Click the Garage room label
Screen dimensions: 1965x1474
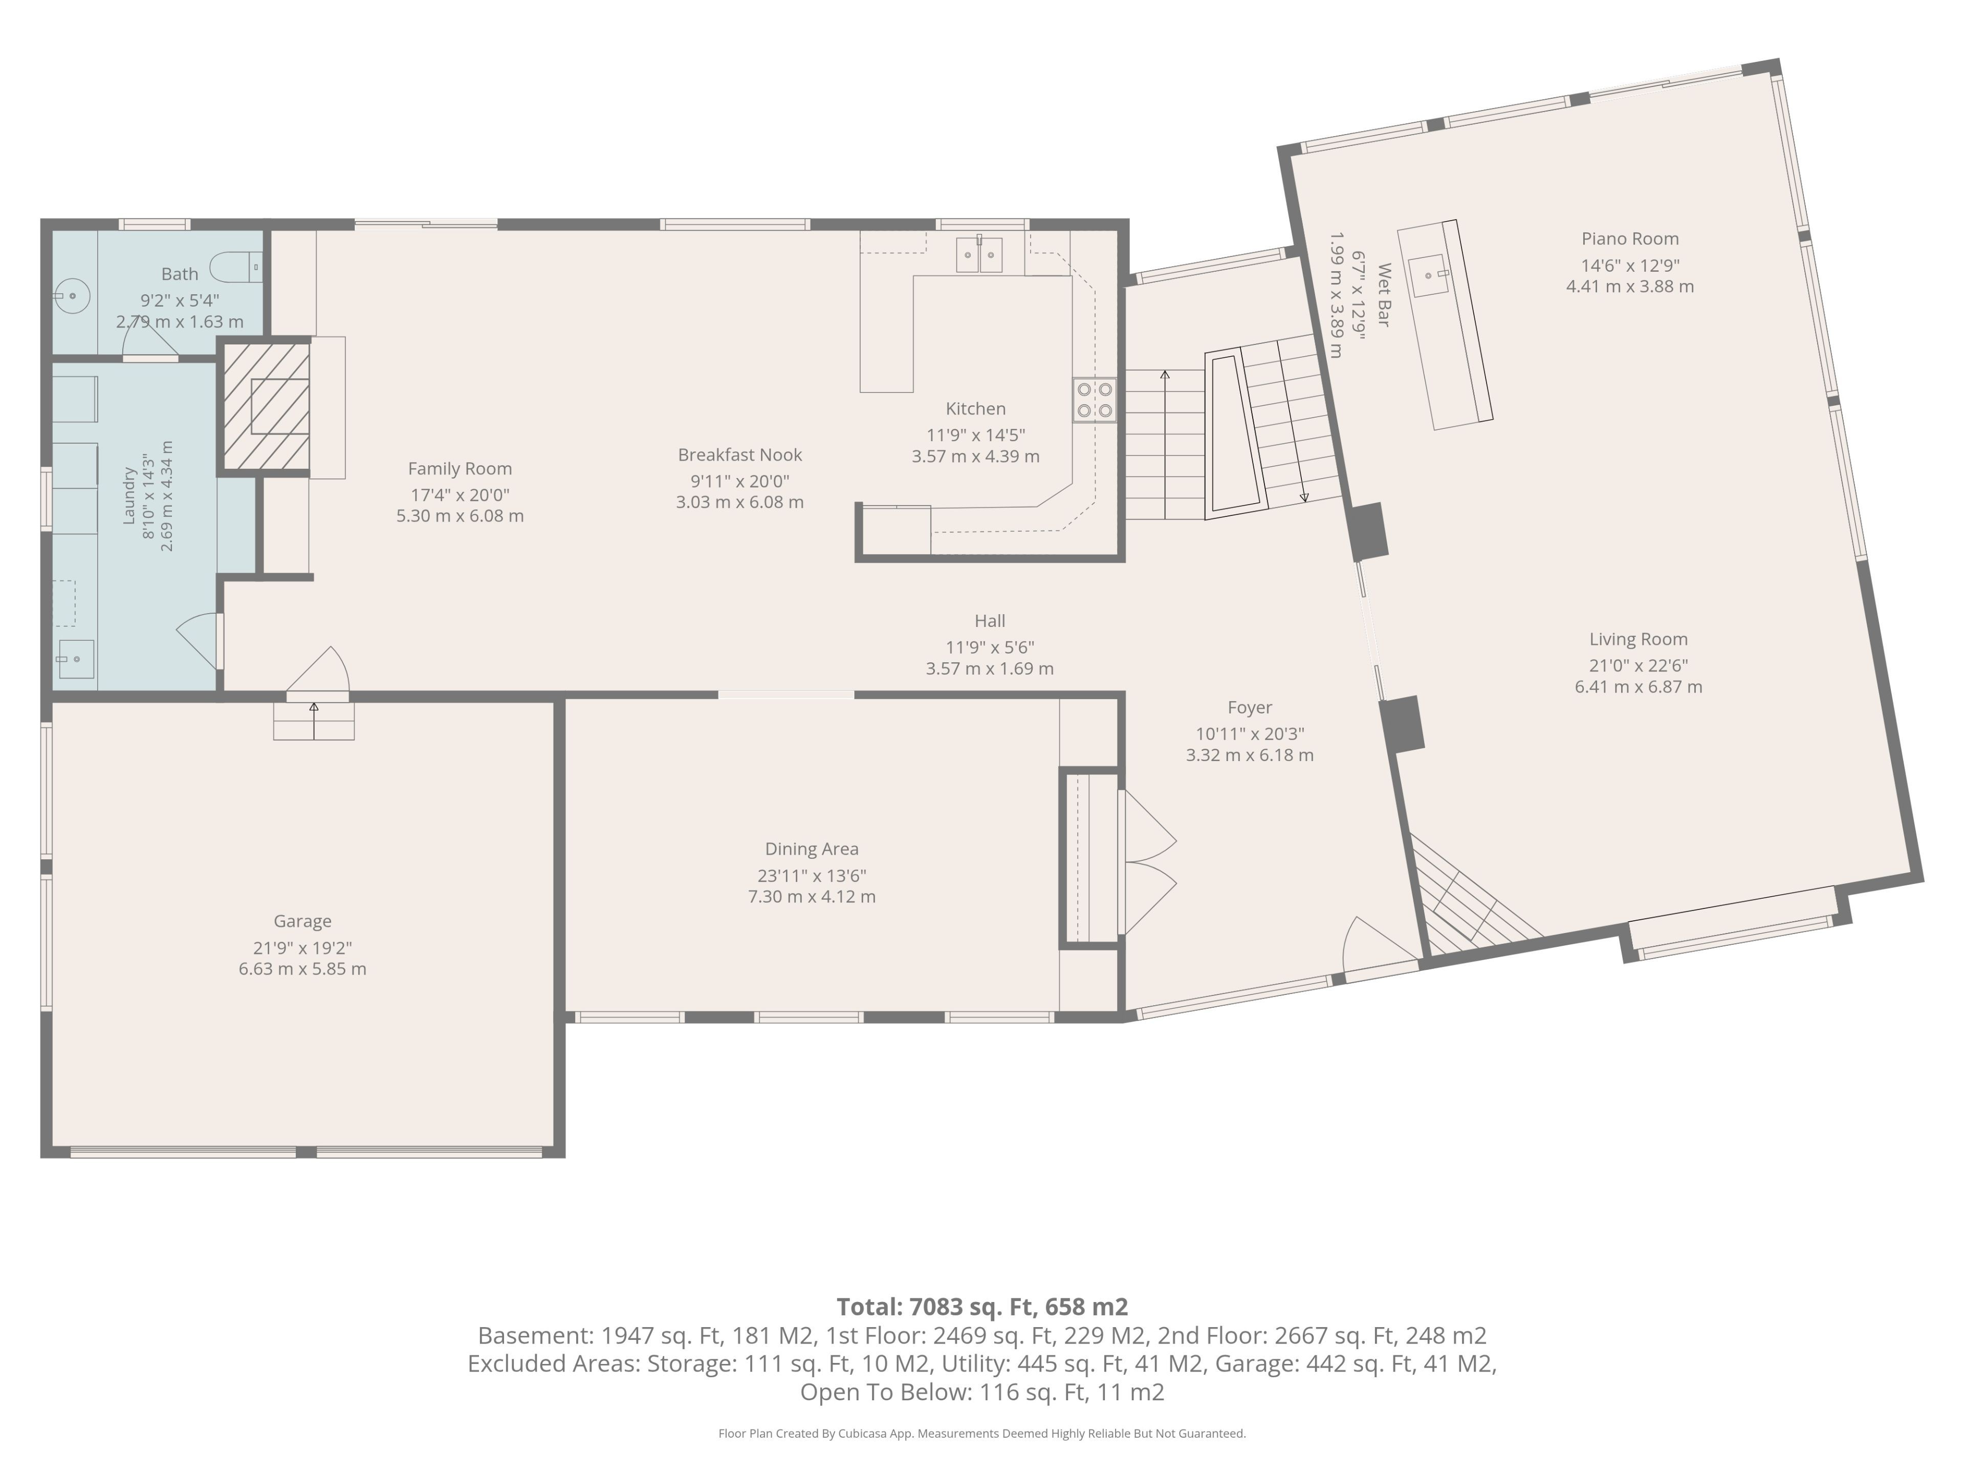(302, 921)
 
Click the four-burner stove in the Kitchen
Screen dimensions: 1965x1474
(1095, 400)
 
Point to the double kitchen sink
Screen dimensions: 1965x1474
(979, 254)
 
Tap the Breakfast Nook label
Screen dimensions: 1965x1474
(740, 455)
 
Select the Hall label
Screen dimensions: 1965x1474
(990, 621)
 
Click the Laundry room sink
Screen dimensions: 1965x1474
(76, 659)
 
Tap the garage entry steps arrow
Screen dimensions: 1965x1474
(314, 720)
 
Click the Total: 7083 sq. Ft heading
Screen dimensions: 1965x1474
(982, 1307)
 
